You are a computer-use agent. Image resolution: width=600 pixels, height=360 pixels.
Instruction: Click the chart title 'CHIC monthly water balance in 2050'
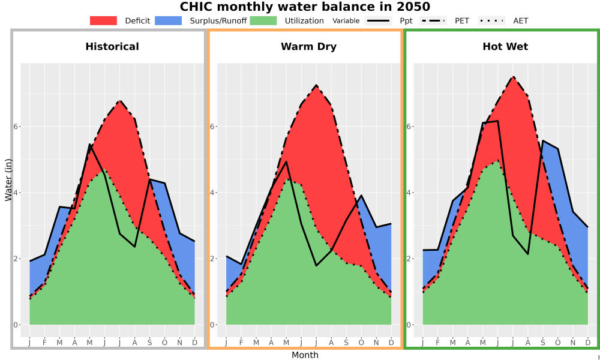point(305,7)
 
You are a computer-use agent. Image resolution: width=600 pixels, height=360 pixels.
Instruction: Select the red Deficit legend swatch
point(103,20)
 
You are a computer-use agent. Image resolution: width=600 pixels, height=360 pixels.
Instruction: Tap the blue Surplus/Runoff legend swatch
point(169,20)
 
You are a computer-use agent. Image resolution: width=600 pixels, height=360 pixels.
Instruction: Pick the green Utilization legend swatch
point(263,20)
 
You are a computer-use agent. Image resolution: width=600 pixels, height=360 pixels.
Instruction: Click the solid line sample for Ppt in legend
point(377,20)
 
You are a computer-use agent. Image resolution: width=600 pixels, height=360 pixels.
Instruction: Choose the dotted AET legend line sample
point(491,20)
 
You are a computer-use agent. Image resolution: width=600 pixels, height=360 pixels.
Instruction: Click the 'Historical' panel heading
point(112,47)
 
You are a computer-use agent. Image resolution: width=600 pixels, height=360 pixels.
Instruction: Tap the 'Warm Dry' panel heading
point(308,47)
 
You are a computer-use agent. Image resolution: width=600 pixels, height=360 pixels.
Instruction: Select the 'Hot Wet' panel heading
point(505,47)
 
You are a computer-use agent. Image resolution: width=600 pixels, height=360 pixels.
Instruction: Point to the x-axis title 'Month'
point(305,355)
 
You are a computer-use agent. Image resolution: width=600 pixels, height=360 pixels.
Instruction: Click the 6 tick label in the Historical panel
point(16,127)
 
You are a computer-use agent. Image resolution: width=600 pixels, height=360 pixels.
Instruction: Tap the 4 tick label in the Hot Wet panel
point(409,193)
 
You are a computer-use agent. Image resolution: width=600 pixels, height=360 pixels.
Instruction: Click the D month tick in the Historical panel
point(195,343)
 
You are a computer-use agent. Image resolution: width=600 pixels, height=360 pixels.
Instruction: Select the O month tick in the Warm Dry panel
point(361,343)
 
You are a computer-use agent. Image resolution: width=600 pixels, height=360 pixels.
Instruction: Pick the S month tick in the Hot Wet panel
point(542,343)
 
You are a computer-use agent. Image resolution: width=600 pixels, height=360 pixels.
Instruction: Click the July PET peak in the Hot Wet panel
point(513,77)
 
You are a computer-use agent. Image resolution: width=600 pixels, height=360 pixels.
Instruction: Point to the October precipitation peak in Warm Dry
point(361,196)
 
